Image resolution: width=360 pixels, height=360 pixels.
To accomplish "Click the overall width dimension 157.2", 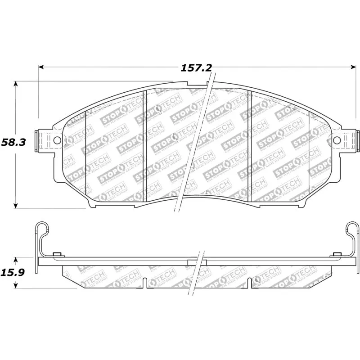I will point(196,68).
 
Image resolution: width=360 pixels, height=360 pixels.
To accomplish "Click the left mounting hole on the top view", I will point(57,140).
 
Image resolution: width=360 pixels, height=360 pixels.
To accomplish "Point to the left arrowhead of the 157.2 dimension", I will point(41,67).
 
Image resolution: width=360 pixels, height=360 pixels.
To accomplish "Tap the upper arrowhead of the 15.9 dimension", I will point(16,260).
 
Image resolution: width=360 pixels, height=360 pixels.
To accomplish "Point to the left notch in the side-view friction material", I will point(145,283).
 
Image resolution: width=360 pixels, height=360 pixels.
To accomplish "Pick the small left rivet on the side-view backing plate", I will point(57,255).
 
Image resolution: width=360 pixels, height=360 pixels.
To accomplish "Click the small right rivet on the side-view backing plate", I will point(335,255).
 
